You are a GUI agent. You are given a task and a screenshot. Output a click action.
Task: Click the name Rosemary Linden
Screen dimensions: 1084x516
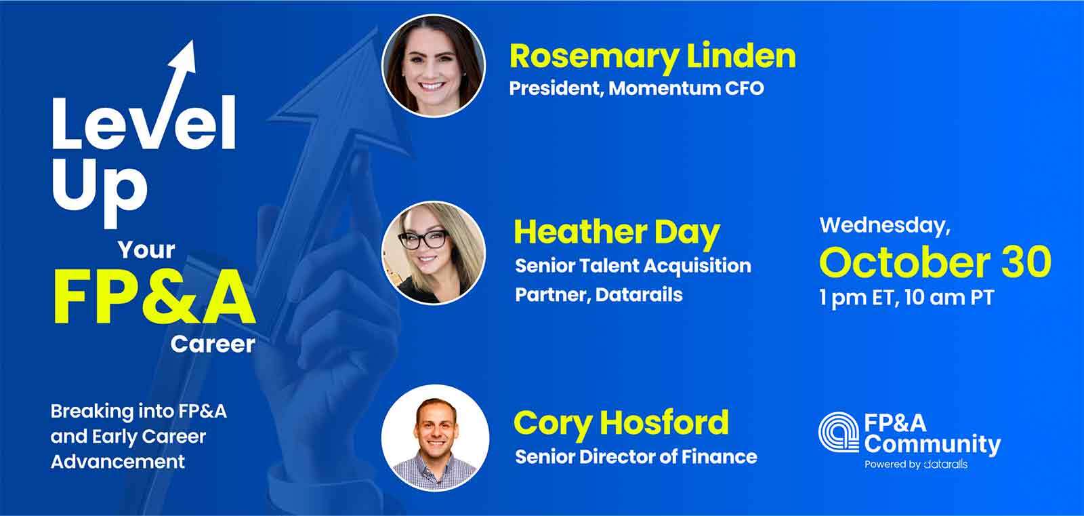pyautogui.click(x=652, y=58)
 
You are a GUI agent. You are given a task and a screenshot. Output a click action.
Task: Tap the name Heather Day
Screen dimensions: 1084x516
pyautogui.click(x=617, y=233)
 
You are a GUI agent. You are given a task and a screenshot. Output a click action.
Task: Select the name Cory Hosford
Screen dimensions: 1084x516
pyautogui.click(x=621, y=424)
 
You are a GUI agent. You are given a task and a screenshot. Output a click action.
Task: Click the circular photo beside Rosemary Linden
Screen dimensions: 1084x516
pyautogui.click(x=434, y=66)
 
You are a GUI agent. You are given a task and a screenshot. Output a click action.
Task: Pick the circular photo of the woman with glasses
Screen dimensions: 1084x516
pyautogui.click(x=434, y=253)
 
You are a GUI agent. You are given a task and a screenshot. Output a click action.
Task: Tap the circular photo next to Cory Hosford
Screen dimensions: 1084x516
pyautogui.click(x=435, y=437)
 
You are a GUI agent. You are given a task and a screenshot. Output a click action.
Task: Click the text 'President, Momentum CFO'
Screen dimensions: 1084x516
pyautogui.click(x=636, y=89)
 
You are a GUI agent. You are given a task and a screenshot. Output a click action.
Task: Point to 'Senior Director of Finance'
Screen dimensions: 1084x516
pyautogui.click(x=636, y=457)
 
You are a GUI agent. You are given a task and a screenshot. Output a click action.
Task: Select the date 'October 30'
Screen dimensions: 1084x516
pyautogui.click(x=935, y=262)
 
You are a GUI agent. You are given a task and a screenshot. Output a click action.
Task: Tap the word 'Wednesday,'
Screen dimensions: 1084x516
pyautogui.click(x=885, y=226)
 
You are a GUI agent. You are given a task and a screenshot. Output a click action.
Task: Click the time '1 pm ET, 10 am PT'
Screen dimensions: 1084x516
pyautogui.click(x=906, y=298)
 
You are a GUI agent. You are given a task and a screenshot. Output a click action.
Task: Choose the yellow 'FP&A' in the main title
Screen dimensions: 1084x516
pyautogui.click(x=154, y=297)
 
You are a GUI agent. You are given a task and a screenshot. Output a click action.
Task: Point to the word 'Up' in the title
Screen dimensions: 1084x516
pyautogui.click(x=99, y=191)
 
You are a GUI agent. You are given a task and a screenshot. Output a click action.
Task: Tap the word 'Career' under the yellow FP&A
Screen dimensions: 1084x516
pyautogui.click(x=213, y=344)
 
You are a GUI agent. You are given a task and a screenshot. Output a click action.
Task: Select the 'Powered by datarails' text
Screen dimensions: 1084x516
pyautogui.click(x=916, y=464)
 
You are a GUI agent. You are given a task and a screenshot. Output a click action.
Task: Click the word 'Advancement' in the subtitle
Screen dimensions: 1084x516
pyautogui.click(x=118, y=462)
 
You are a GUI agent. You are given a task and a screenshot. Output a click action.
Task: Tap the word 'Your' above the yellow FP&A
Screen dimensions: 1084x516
pyautogui.click(x=146, y=250)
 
